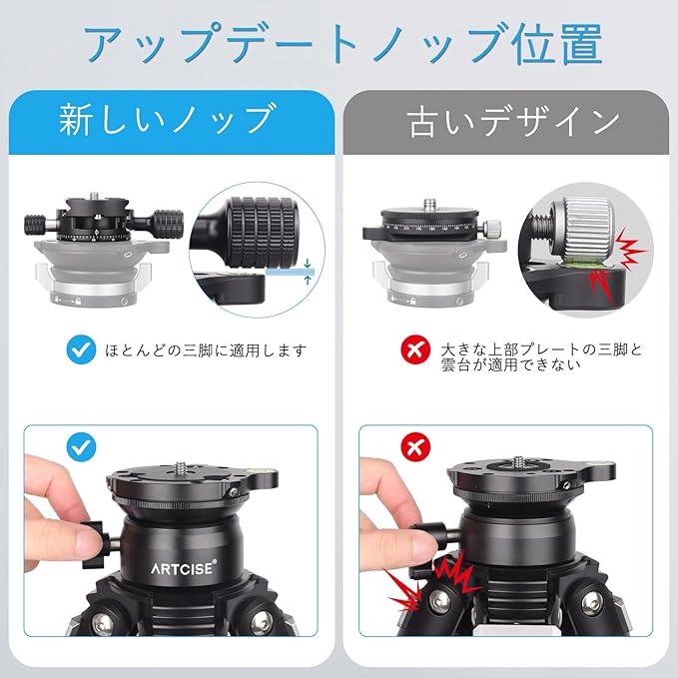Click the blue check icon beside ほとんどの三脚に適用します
(x=81, y=349)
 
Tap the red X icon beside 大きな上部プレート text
(x=416, y=349)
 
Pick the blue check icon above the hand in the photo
(x=81, y=447)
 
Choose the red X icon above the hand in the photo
(x=416, y=447)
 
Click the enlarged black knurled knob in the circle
(x=262, y=233)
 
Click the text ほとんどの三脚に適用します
(x=207, y=349)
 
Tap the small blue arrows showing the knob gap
(x=308, y=272)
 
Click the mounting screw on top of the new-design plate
(x=94, y=197)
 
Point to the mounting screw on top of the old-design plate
(x=429, y=203)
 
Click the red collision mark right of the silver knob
(x=630, y=249)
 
